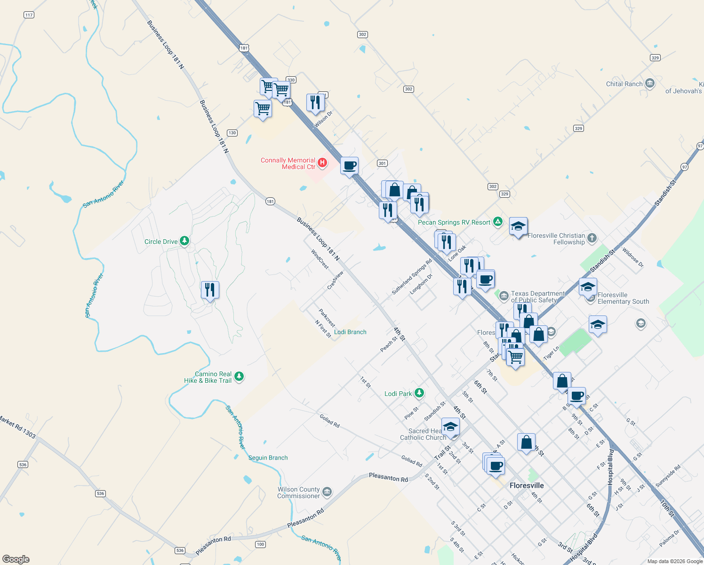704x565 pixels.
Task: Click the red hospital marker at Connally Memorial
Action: [x=322, y=163]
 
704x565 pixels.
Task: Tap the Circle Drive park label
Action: [x=161, y=242]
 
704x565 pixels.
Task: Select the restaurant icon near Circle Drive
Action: [x=210, y=290]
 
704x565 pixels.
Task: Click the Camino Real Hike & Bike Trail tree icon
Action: [x=239, y=377]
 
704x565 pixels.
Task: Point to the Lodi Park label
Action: [x=398, y=394]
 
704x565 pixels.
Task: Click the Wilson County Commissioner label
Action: [x=298, y=492]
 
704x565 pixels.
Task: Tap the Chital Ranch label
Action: [x=624, y=84]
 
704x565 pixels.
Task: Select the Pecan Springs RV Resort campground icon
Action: [x=498, y=222]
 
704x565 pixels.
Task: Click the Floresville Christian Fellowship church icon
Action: [x=592, y=238]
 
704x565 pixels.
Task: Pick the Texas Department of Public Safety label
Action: [x=538, y=297]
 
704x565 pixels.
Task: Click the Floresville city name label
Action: [x=527, y=485]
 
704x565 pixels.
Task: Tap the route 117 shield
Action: [x=29, y=15]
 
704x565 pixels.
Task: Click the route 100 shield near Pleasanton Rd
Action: [x=260, y=544]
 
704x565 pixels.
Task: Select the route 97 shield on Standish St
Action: [x=684, y=167]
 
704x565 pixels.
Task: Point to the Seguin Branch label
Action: [x=268, y=458]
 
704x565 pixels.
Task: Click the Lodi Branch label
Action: [x=350, y=332]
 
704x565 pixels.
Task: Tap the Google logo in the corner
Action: [x=16, y=559]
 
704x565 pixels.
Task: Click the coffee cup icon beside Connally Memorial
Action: [x=349, y=166]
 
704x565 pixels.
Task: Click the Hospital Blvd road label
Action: [x=610, y=467]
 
